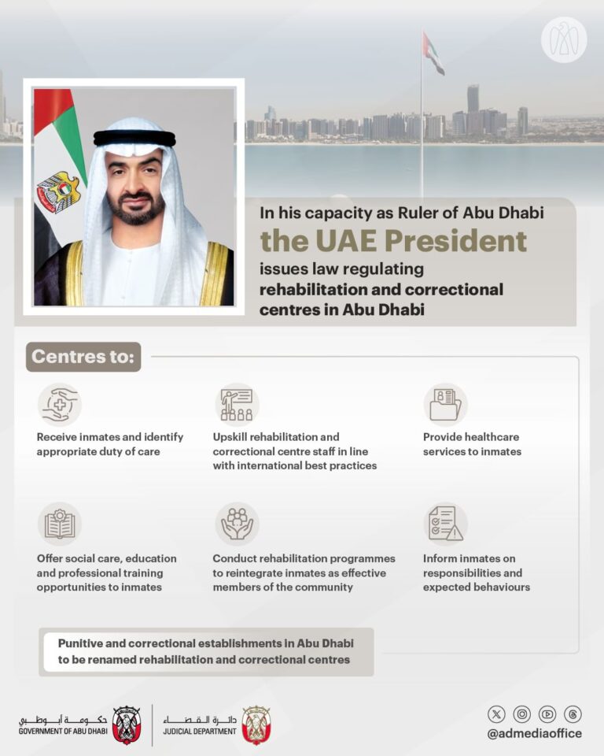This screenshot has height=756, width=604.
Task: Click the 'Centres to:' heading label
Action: point(83,358)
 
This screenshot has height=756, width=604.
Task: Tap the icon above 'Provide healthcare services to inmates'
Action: point(445,404)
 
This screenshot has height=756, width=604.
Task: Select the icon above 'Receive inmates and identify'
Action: point(59,404)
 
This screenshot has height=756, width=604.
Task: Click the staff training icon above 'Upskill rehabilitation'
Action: point(237,404)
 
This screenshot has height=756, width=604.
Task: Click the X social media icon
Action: point(496,714)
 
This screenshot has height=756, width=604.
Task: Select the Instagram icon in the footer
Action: point(521,714)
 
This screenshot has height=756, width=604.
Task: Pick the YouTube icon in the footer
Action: point(547,714)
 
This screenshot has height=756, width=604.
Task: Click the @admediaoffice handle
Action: point(534,734)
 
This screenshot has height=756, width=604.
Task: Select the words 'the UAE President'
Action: point(393,240)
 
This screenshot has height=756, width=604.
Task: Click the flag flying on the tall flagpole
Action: point(433,53)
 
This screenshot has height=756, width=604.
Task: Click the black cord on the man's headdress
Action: point(134,139)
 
